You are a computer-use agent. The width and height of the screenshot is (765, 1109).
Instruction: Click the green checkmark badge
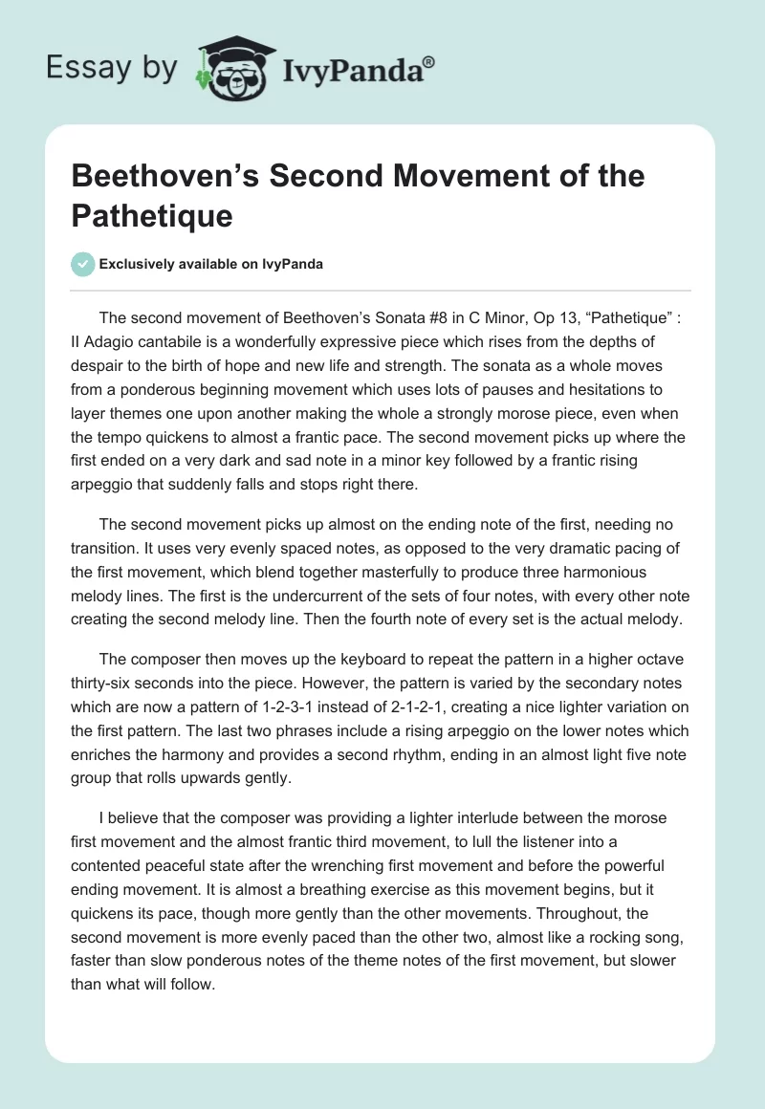pos(83,264)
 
